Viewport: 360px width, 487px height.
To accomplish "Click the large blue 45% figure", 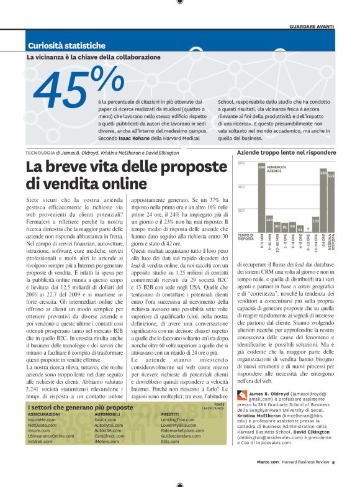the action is tap(78, 90).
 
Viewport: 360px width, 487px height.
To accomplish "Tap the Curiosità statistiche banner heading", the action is tap(66, 45).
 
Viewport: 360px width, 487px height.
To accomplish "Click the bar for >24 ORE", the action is tap(323, 202).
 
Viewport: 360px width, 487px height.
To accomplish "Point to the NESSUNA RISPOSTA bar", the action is tap(331, 204).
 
